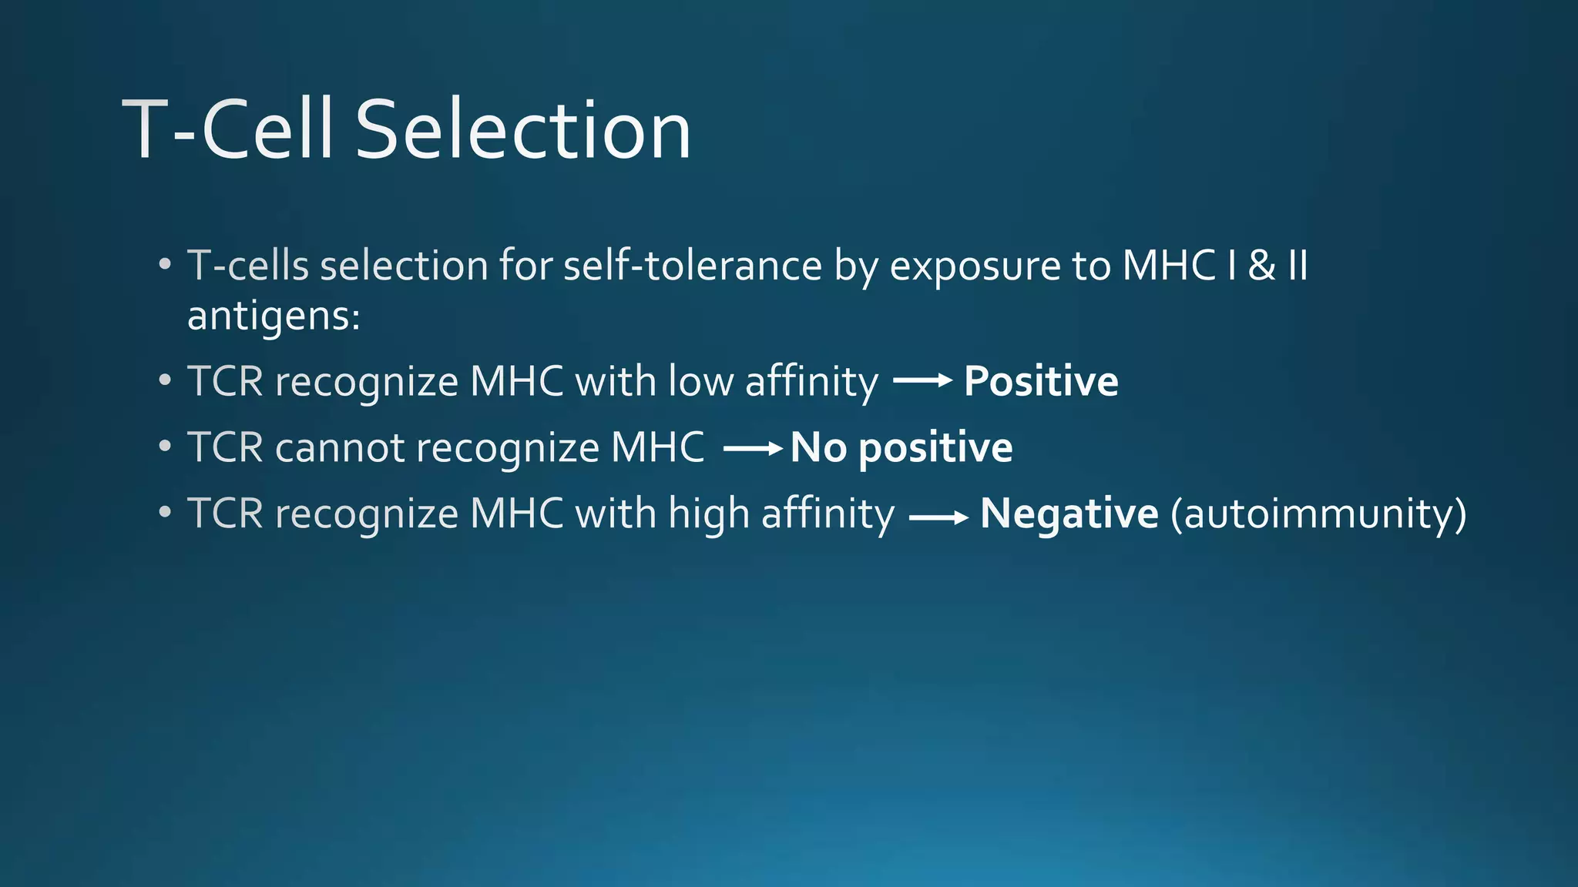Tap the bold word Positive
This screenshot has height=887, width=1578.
[1041, 381]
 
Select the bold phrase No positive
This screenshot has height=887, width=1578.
[901, 447]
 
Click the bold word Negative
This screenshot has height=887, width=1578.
[1069, 514]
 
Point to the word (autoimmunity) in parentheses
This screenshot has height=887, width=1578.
[1318, 514]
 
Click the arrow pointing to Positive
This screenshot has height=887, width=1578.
[922, 380]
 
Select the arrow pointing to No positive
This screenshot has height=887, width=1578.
[753, 447]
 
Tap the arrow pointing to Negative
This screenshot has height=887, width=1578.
[938, 518]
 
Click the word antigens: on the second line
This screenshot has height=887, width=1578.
[274, 316]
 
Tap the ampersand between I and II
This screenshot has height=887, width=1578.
[1261, 266]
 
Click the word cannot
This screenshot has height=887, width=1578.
[339, 447]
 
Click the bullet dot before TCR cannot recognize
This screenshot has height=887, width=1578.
[164, 447]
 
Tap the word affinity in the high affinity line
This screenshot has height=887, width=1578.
[828, 514]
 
